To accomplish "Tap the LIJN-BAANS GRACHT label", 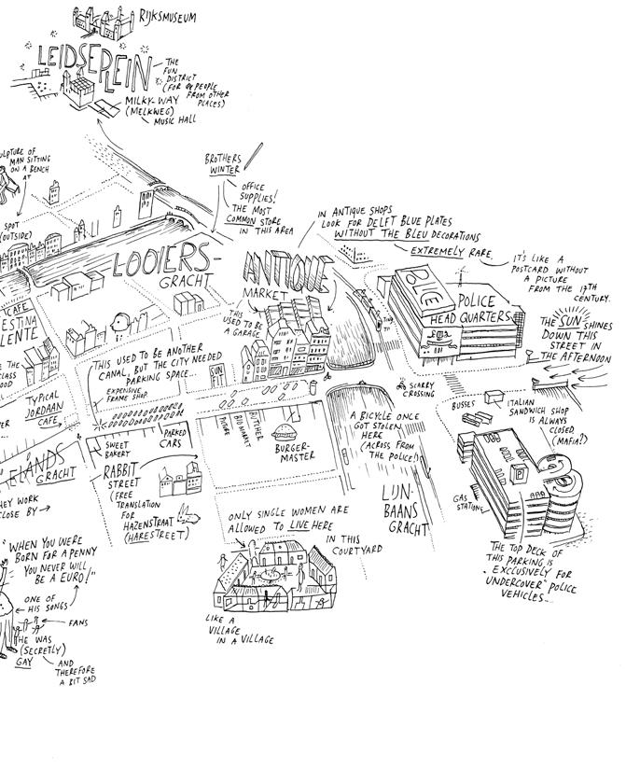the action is coord(404,509).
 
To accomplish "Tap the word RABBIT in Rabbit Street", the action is coord(125,468).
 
